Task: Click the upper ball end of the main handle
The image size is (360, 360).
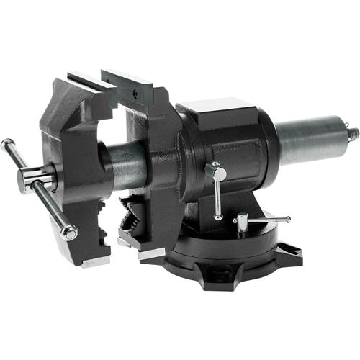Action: [x=6, y=143]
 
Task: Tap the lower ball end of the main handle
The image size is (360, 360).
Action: [x=70, y=233]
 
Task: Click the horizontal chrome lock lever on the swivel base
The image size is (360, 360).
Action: [x=264, y=219]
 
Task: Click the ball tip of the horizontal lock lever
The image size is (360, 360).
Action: [x=289, y=219]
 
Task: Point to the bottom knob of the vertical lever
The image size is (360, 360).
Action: [x=218, y=216]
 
